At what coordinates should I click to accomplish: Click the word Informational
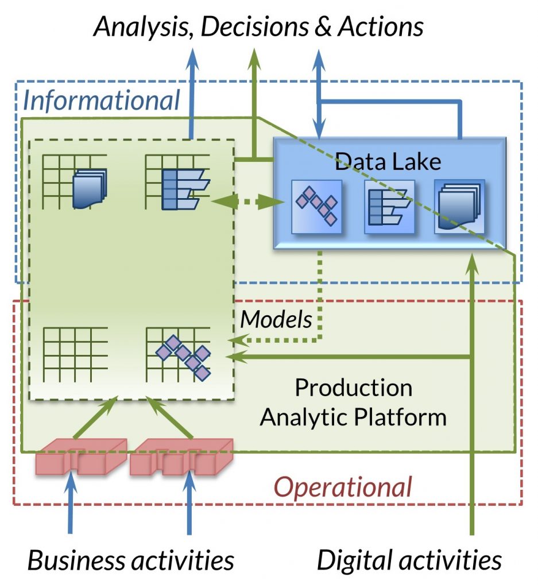point(102,100)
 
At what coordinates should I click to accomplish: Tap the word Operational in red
point(343,487)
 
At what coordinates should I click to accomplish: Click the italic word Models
point(276,319)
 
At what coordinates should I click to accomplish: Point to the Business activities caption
point(131,560)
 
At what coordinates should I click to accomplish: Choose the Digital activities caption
point(409,560)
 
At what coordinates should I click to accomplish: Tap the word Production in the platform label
point(354,388)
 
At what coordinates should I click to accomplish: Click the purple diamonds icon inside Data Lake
point(316,206)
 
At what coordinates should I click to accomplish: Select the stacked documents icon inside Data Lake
point(459,206)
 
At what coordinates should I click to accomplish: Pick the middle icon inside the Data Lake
point(389,206)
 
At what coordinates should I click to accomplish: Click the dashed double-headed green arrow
point(248,202)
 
